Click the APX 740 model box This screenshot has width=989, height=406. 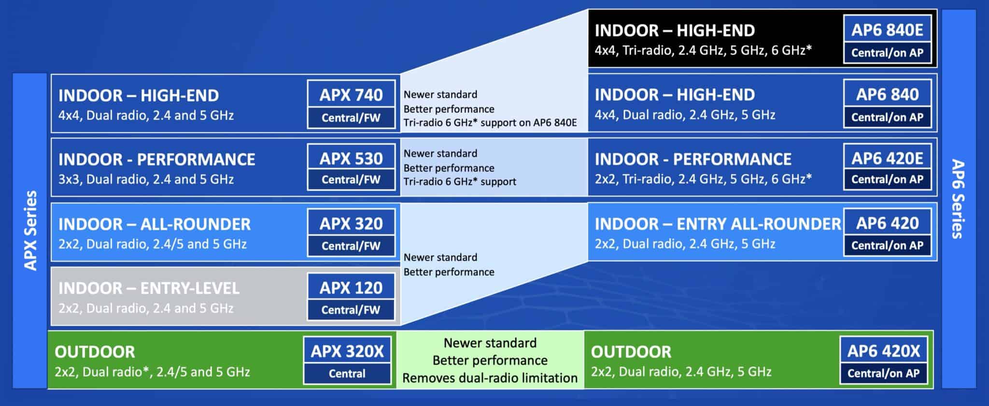pyautogui.click(x=351, y=95)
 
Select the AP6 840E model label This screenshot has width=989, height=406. pyautogui.click(x=887, y=30)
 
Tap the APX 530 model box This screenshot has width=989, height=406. pyautogui.click(x=351, y=159)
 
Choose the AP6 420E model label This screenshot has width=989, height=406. pyautogui.click(x=887, y=159)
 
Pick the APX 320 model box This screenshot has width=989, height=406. pyautogui.click(x=351, y=223)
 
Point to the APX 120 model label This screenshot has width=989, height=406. pyautogui.click(x=351, y=288)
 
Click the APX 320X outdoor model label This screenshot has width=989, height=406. pyautogui.click(x=347, y=351)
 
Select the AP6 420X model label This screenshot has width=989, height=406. pyautogui.click(x=884, y=351)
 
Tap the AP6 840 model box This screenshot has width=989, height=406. pyautogui.click(x=887, y=94)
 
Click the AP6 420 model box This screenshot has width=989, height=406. pyautogui.click(x=887, y=223)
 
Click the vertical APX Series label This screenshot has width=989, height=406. pyautogui.click(x=30, y=231)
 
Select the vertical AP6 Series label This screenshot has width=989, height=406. pyautogui.click(x=958, y=199)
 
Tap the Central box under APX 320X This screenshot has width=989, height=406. pyautogui.click(x=347, y=374)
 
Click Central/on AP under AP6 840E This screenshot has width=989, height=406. pyautogui.click(x=887, y=53)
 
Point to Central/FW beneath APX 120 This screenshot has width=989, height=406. pyautogui.click(x=351, y=310)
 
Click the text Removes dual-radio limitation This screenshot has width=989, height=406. pyautogui.click(x=490, y=378)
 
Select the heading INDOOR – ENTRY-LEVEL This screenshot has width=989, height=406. pyautogui.click(x=149, y=289)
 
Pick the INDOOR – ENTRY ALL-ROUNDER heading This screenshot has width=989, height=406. pyautogui.click(x=718, y=224)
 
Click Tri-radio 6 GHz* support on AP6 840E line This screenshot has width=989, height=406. pyautogui.click(x=490, y=123)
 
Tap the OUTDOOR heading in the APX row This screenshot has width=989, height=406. pyautogui.click(x=95, y=352)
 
